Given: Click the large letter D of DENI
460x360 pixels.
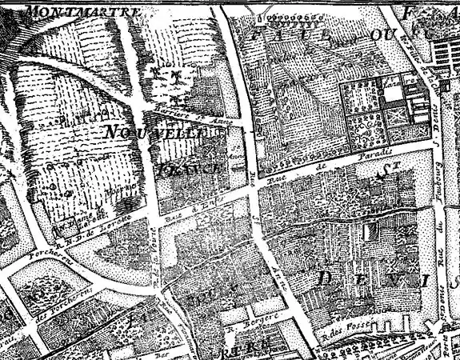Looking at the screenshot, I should (x=327, y=280).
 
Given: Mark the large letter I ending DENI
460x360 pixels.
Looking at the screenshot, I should (x=425, y=280).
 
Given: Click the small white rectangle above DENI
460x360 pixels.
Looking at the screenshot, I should (x=370, y=232).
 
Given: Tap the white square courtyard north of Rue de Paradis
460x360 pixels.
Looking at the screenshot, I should (x=392, y=93).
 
